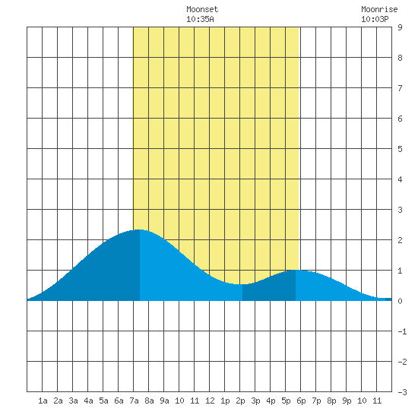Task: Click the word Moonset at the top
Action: [x=202, y=9]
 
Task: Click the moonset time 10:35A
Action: [x=200, y=19]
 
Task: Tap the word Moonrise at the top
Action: [x=379, y=9]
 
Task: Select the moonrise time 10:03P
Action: [x=375, y=19]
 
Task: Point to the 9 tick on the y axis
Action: [x=400, y=27]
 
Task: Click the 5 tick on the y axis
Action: [x=400, y=149]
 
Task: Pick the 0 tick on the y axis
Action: [x=400, y=301]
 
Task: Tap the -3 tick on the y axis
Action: [x=402, y=392]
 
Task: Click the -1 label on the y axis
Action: [x=402, y=331]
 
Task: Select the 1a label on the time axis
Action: [x=43, y=401]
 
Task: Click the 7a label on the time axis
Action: [x=134, y=401]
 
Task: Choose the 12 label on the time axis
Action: [x=210, y=401]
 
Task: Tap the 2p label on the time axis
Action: [x=240, y=401]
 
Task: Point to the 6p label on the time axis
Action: [x=301, y=401]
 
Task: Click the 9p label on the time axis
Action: [x=347, y=401]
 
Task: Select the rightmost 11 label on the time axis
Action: [x=377, y=401]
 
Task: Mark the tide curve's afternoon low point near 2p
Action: [x=242, y=284]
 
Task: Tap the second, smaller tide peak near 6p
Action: [x=296, y=270]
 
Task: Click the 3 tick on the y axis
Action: [x=400, y=210]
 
